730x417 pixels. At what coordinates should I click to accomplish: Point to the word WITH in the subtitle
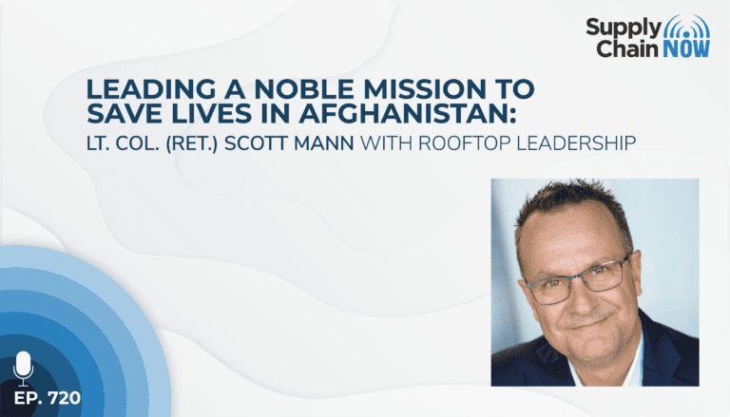[387, 143]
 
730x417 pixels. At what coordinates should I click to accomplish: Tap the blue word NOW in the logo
[685, 48]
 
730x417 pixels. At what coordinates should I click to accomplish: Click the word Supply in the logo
[624, 29]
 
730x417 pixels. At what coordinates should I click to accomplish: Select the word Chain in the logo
[628, 48]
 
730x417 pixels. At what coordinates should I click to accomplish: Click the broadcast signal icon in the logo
[685, 28]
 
